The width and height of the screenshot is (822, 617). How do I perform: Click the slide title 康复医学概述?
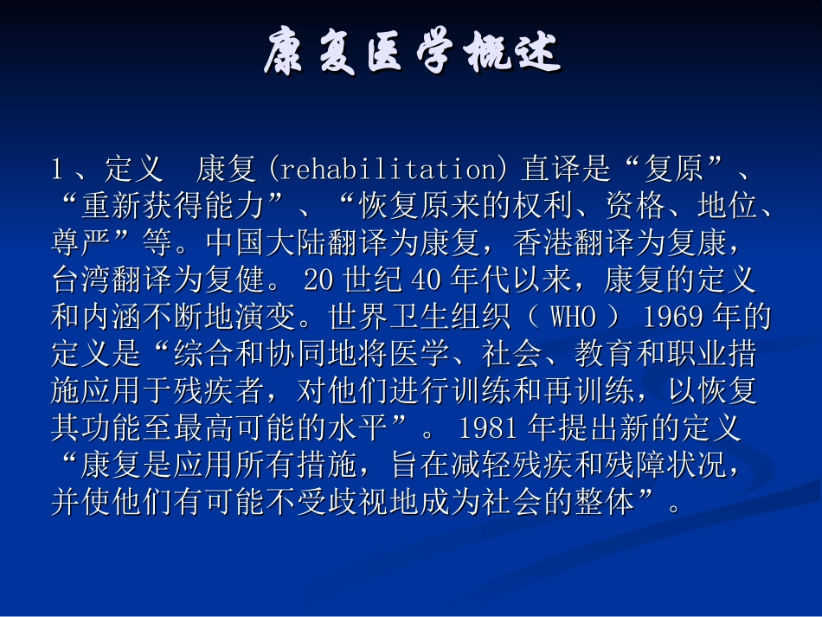[x=412, y=54]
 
